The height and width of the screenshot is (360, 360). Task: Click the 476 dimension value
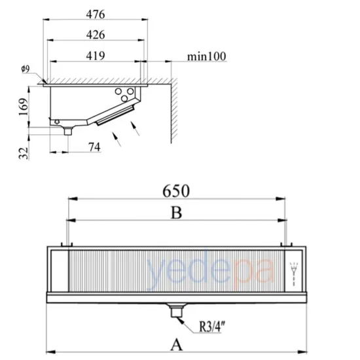[x=96, y=14]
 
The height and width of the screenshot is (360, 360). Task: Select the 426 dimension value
[x=96, y=35]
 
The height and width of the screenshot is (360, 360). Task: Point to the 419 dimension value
[x=96, y=56]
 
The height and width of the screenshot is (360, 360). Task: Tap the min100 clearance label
[x=207, y=56]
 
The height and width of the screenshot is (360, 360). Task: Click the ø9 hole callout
[x=26, y=69]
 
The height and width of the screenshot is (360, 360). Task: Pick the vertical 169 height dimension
[x=24, y=107]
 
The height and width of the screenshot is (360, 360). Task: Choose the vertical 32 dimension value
[x=24, y=153]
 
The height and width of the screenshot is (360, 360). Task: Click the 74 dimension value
[x=95, y=147]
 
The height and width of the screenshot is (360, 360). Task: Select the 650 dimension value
[x=176, y=191]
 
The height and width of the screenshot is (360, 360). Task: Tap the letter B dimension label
[x=177, y=213]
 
